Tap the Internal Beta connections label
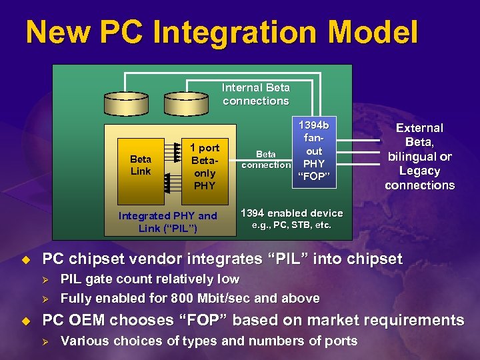coord(256,94)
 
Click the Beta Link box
coord(140,165)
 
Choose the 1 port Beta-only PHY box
coord(204,166)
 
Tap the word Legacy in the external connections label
coord(420,171)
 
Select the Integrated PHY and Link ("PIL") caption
coord(167,221)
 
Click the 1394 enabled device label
coord(291,213)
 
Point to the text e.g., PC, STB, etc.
coord(291,225)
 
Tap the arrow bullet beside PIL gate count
coord(47,279)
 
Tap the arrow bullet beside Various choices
coord(47,341)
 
